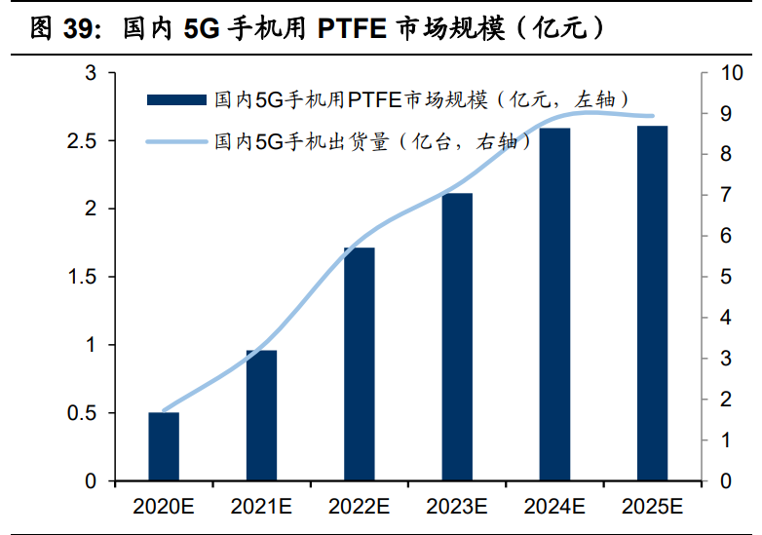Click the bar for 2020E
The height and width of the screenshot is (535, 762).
coord(164,446)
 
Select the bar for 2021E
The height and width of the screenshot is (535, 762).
coord(261,415)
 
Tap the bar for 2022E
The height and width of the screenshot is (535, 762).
coord(359,364)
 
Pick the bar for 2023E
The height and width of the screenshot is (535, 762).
coord(456,337)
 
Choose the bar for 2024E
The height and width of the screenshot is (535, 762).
coord(554,304)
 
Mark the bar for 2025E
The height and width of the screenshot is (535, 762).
coord(652,303)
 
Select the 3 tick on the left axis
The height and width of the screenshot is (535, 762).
coord(91,73)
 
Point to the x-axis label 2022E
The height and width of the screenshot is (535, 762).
coord(359,506)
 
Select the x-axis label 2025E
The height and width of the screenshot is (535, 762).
coord(652,506)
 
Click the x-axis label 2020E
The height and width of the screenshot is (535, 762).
coord(164,506)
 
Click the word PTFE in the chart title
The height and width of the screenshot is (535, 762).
coord(354,29)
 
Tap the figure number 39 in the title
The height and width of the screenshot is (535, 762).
coord(82,29)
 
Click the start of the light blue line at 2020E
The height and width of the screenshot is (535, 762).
coord(164,411)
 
